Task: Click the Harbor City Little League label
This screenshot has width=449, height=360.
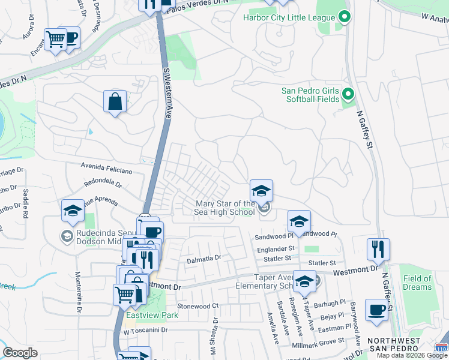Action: (288, 17)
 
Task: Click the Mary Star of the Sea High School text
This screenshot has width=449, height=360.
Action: (225, 208)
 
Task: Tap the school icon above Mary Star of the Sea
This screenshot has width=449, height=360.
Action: (261, 191)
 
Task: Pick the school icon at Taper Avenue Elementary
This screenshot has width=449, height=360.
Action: (305, 281)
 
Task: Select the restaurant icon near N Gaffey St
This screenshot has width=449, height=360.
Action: (378, 249)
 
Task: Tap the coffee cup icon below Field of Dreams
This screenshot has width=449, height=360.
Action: (376, 310)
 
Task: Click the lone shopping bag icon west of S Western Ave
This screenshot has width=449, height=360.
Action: (115, 101)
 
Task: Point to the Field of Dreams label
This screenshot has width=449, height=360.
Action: (417, 283)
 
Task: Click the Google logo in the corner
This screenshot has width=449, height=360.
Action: (20, 353)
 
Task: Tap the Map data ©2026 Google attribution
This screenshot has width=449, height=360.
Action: (412, 355)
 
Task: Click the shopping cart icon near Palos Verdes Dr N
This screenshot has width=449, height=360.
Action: (56, 40)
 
